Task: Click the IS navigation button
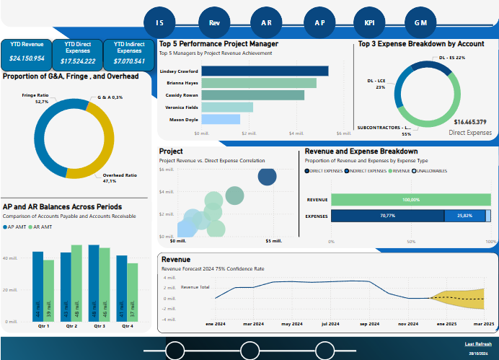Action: pos(160,22)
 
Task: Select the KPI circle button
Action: pos(369,22)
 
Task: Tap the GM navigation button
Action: pos(420,22)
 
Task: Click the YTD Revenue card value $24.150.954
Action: pos(27,58)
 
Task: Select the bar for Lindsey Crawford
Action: pos(265,71)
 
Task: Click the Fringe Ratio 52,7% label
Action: pos(35,99)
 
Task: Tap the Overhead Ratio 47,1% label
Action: pos(120,178)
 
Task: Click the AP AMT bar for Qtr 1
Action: pos(37,286)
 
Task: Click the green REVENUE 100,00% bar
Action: pos(411,200)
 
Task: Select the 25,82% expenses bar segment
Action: pos(464,216)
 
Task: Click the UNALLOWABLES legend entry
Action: pos(431,171)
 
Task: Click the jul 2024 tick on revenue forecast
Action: pos(330,325)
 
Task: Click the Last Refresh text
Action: pos(478,344)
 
